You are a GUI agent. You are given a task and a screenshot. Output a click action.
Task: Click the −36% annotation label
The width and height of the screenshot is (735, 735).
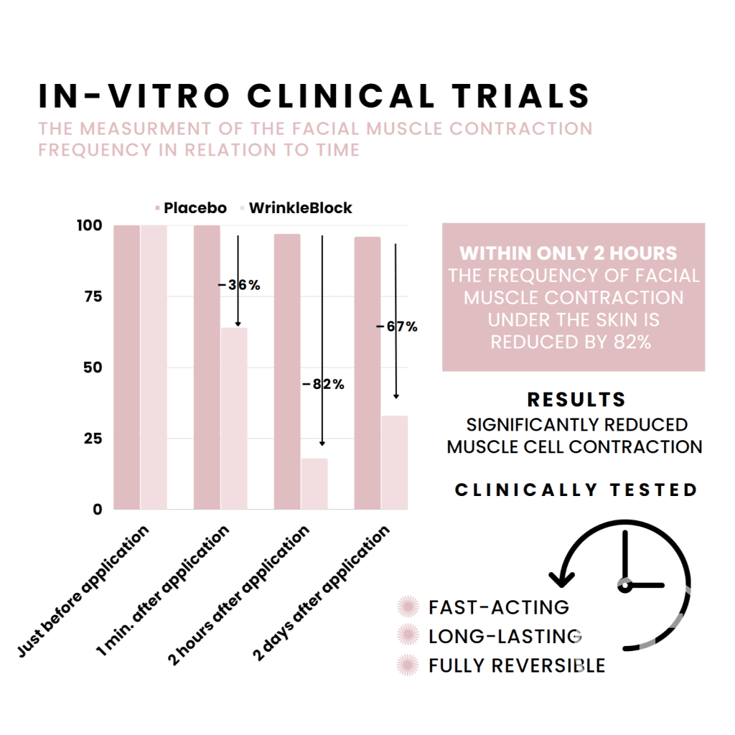click(x=239, y=285)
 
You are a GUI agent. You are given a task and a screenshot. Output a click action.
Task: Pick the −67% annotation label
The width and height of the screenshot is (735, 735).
click(x=396, y=327)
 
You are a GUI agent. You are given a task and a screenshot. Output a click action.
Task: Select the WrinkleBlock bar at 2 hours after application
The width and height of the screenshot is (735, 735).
click(x=314, y=484)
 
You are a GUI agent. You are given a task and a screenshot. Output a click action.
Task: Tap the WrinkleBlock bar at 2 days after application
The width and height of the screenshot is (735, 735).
click(x=394, y=462)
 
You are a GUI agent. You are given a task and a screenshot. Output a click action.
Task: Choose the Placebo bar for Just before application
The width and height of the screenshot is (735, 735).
click(x=126, y=367)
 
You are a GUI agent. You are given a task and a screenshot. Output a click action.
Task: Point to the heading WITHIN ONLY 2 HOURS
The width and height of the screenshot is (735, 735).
click(x=568, y=253)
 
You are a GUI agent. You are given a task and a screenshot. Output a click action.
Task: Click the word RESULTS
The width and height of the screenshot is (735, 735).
click(x=576, y=400)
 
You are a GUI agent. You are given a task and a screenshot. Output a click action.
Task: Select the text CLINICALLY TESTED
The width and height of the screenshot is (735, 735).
click(x=576, y=490)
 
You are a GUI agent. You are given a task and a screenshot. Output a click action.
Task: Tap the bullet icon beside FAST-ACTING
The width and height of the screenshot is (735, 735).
click(x=408, y=607)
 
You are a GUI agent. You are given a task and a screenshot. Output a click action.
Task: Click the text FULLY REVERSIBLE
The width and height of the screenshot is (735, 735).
click(x=517, y=665)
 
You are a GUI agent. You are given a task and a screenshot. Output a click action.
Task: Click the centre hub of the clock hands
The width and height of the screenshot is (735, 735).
click(x=625, y=586)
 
